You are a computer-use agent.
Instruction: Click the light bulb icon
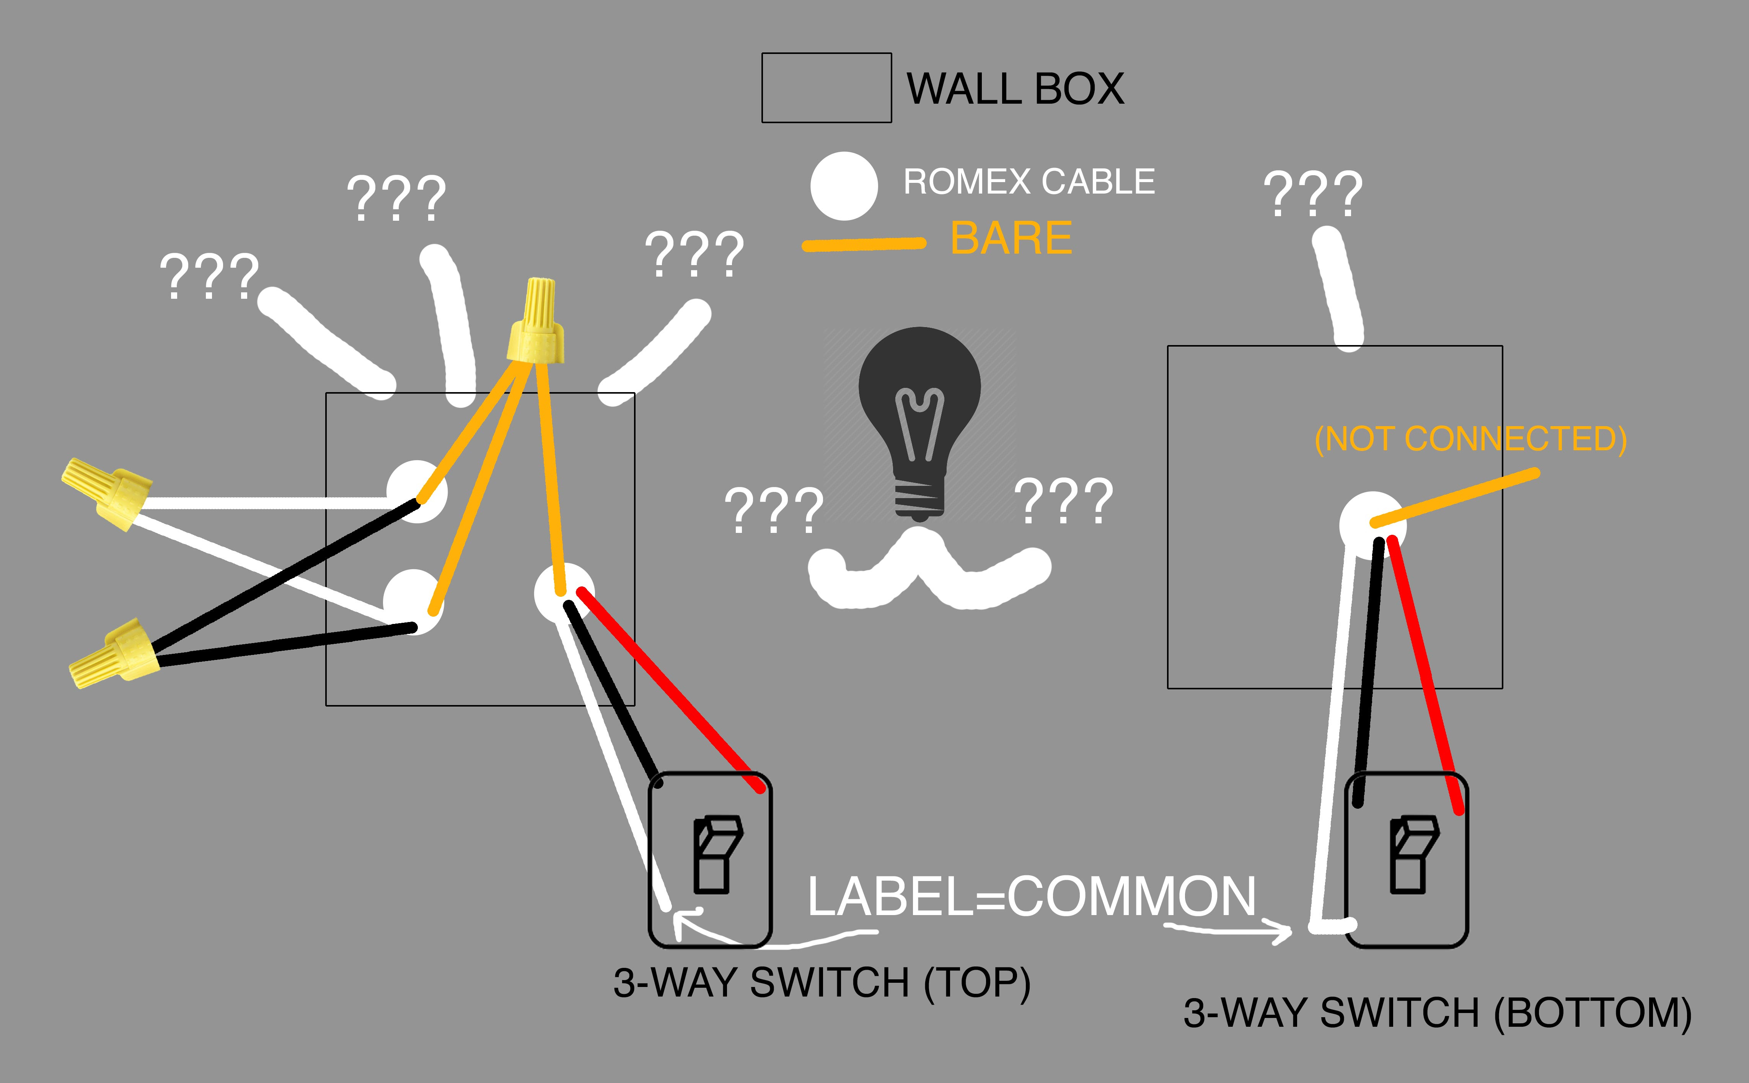click(919, 423)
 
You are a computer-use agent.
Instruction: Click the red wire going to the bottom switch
click(1425, 673)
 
